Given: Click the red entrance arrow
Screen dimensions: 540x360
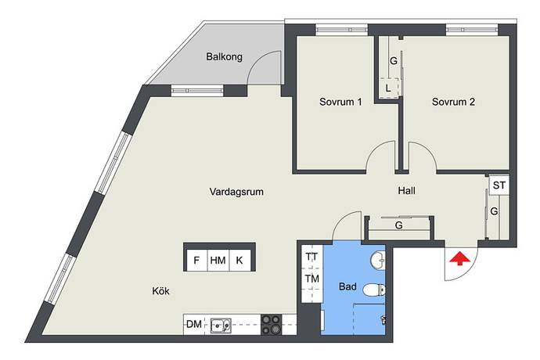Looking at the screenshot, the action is (x=459, y=259).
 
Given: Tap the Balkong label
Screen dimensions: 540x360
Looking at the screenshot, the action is (x=224, y=56).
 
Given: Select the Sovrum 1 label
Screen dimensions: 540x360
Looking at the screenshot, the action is (x=340, y=102).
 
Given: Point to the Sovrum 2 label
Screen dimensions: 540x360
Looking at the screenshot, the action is (x=453, y=102).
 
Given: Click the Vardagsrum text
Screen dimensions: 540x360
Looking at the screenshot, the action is (x=236, y=192).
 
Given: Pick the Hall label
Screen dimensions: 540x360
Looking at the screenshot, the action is (x=406, y=190).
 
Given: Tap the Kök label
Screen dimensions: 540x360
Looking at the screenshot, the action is (x=161, y=291).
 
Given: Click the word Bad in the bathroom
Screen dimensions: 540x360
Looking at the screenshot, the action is (x=347, y=286).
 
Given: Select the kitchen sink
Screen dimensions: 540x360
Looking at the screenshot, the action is (x=221, y=325).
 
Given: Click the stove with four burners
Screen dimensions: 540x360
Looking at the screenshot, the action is (x=272, y=325).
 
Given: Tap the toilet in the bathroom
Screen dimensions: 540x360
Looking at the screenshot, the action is (x=374, y=290).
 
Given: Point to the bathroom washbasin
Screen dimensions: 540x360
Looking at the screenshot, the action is (x=378, y=261).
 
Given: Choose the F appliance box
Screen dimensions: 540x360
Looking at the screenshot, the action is (x=196, y=260).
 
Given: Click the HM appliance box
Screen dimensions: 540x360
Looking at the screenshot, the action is (x=218, y=260).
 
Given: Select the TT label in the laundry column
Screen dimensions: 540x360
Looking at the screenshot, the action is (x=311, y=257).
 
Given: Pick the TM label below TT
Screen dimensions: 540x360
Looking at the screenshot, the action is (x=311, y=279).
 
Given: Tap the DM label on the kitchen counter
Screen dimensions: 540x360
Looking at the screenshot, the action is (x=194, y=324).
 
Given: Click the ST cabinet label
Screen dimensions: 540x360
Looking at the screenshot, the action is (x=499, y=185).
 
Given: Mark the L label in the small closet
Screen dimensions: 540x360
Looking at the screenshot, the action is (x=388, y=88).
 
